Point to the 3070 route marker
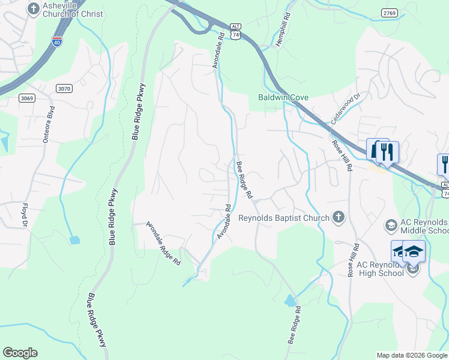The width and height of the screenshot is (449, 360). pos(64,88)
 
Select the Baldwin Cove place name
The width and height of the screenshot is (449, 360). pos(283,97)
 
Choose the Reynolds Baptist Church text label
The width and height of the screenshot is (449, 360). pos(284,218)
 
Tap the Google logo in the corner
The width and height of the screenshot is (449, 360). pos(20,353)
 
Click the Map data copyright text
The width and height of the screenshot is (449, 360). pos(412,355)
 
